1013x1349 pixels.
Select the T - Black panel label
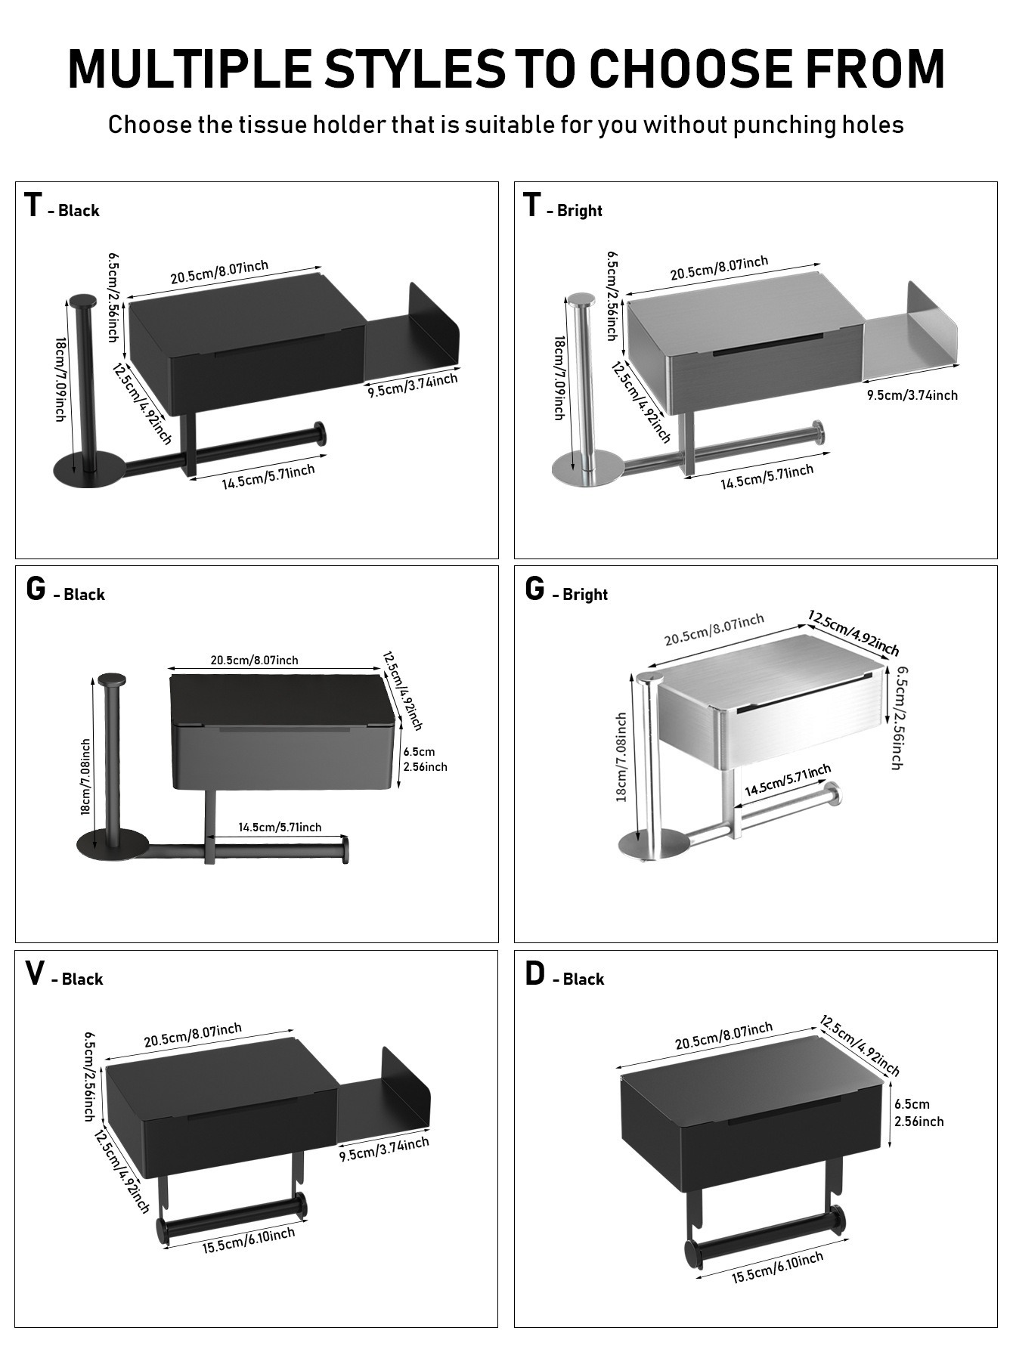tap(62, 206)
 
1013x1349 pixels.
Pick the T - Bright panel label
tap(563, 206)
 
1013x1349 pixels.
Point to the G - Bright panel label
tap(566, 590)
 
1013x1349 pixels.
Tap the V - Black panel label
tap(64, 975)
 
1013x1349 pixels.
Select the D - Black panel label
tap(565, 975)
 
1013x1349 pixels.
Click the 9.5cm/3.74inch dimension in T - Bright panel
tap(912, 395)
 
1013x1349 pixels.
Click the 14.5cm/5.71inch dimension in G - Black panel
tap(280, 828)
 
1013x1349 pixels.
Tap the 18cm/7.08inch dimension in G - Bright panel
tap(621, 757)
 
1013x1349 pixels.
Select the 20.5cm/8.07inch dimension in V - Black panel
tap(193, 1035)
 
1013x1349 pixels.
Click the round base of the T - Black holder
tap(88, 471)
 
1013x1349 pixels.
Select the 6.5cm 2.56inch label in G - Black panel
tap(425, 759)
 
